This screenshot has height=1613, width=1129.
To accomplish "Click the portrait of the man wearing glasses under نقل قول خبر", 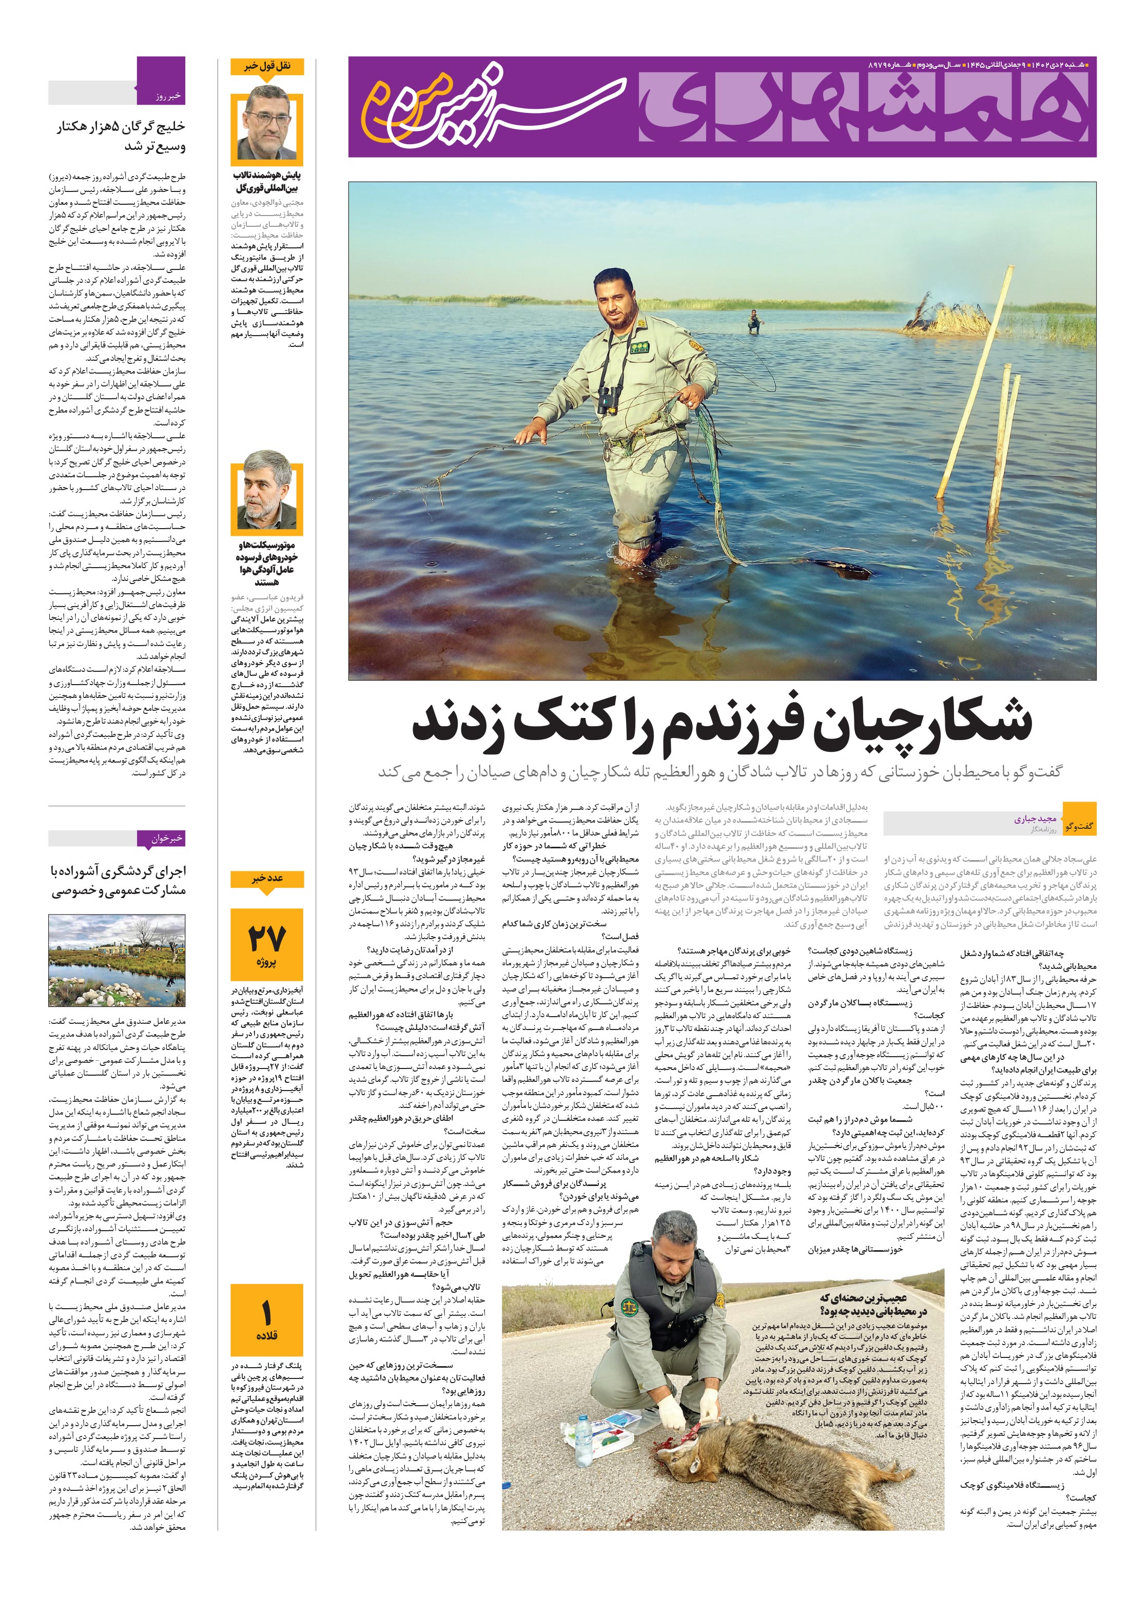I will point(267,123).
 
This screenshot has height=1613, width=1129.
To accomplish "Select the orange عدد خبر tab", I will point(267,879).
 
